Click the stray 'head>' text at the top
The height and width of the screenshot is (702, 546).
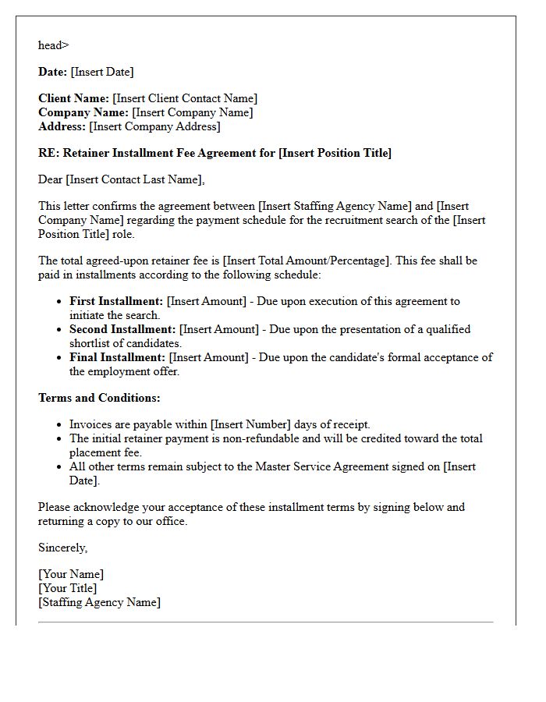tap(53, 45)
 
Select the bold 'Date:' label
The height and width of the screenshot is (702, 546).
tap(52, 72)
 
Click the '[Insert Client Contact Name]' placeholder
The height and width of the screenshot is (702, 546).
tap(185, 98)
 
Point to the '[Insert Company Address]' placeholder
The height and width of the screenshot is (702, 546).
tap(154, 126)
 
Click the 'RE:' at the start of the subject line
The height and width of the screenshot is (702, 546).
tap(48, 153)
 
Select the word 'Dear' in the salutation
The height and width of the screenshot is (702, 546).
tap(51, 179)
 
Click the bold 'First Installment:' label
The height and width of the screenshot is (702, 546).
tap(116, 301)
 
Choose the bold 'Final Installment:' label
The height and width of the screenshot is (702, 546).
tap(118, 357)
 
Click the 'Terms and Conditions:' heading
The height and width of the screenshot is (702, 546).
tap(99, 398)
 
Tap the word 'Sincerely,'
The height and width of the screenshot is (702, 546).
tap(63, 548)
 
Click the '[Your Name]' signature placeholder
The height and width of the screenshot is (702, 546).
tap(71, 574)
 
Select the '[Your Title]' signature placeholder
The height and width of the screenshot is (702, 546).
tap(68, 588)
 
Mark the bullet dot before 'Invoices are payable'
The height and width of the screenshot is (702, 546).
tap(59, 425)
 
